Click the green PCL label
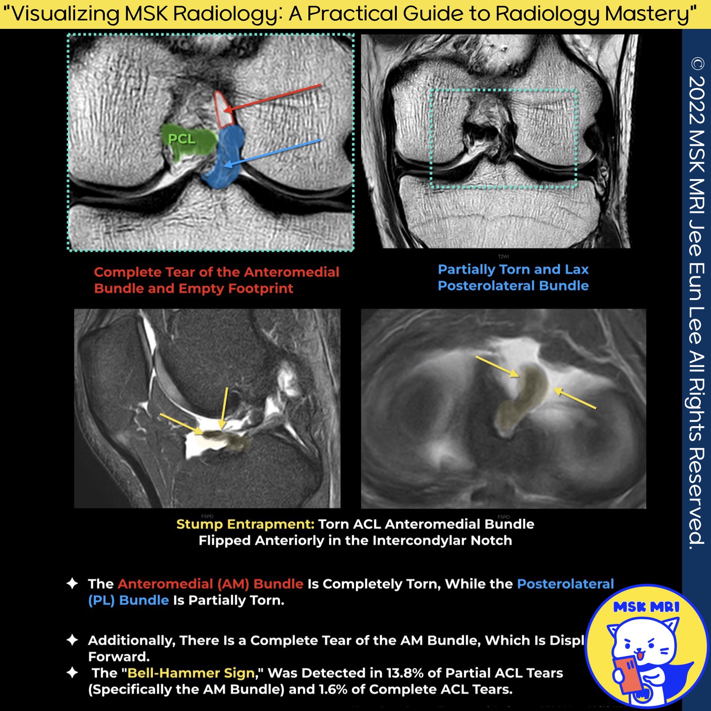pos(182,139)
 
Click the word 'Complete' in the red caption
pos(128,272)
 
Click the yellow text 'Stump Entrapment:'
pos(245,524)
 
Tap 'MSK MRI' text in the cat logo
pos(646,607)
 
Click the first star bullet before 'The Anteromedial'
pos(72,583)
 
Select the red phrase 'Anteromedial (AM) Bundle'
pos(210,583)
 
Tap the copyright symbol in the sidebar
pos(697,64)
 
